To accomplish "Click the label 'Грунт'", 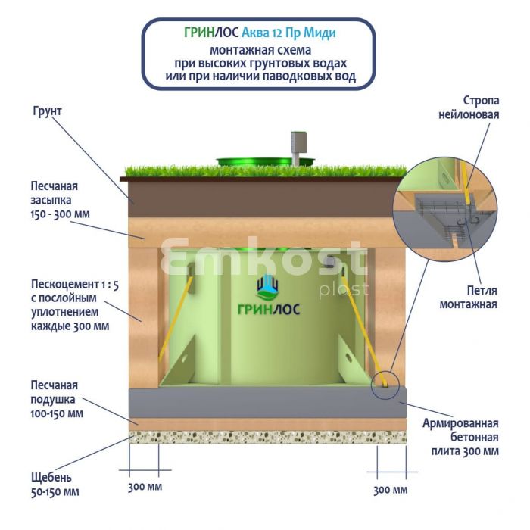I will coord(47,111).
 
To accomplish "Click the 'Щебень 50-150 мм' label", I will coord(55,485).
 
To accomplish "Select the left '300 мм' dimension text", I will coord(144,485).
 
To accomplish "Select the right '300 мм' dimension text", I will coord(391,490).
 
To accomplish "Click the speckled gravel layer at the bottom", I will coord(265,437).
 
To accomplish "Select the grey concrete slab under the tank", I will coord(265,401).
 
